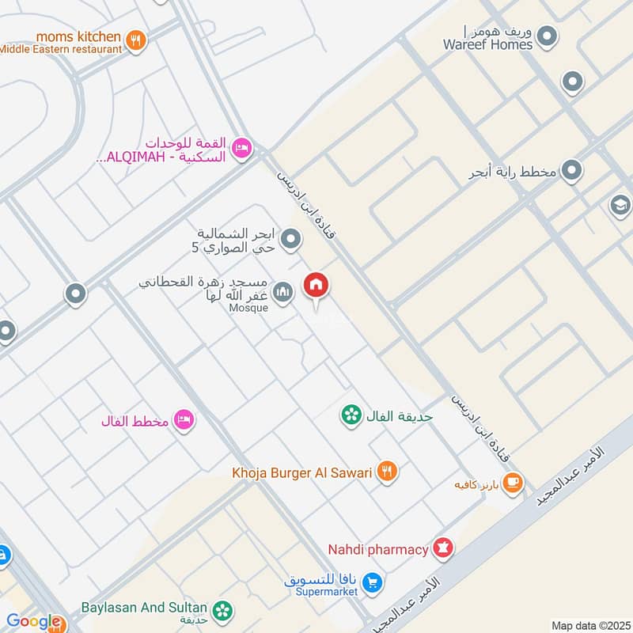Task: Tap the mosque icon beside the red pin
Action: [282, 294]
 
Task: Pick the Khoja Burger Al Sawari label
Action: [301, 472]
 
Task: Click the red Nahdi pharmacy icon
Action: [443, 548]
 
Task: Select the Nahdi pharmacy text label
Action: [378, 548]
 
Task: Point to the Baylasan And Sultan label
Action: [144, 608]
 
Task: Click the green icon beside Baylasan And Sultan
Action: [224, 609]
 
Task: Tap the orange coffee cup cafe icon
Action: [513, 481]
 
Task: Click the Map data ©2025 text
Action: [589, 625]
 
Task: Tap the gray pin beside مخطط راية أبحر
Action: [572, 170]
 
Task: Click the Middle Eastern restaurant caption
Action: [61, 49]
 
